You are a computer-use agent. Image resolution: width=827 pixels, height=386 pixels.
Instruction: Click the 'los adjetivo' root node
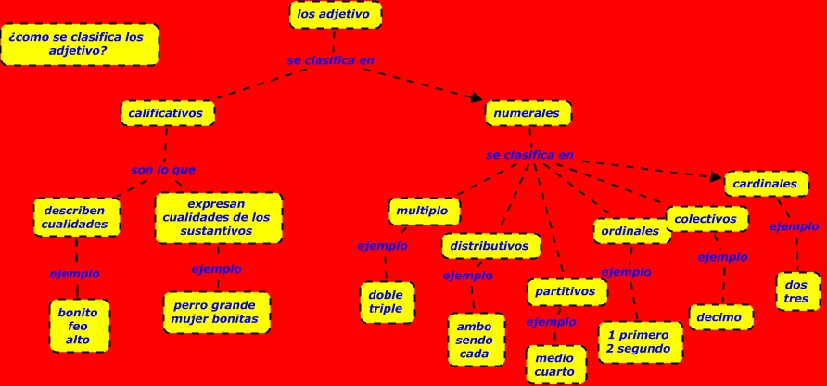[x=334, y=15]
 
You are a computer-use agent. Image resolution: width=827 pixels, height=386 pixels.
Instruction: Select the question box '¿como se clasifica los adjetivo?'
[x=79, y=44]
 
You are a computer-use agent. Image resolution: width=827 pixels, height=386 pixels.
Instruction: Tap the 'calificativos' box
[x=166, y=113]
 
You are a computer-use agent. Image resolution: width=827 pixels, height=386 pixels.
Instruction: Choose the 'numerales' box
[x=527, y=113]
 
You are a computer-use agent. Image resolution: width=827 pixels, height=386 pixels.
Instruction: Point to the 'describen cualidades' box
[x=75, y=217]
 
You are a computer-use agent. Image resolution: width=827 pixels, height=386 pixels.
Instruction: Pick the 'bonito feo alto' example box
[x=78, y=326]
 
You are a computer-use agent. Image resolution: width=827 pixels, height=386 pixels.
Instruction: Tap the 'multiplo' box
[x=423, y=211]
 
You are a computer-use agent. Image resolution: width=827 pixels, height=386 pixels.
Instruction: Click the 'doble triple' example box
[x=386, y=302]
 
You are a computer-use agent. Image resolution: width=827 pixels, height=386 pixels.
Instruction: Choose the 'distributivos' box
[x=490, y=246]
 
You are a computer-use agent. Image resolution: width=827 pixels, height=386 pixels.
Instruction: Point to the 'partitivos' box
[x=566, y=291]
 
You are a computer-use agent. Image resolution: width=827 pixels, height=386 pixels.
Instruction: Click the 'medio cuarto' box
[x=554, y=365]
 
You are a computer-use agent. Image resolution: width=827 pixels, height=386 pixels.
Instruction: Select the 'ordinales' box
[x=630, y=231]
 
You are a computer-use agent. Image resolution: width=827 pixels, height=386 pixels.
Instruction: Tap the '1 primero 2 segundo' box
[x=639, y=341]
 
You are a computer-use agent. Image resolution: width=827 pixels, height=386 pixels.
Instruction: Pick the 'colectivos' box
[x=711, y=219]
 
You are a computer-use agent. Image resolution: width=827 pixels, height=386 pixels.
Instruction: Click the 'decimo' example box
[x=719, y=317]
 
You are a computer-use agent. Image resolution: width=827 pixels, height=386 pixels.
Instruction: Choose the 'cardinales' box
[x=765, y=184]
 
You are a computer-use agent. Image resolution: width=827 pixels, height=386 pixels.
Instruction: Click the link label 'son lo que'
[x=163, y=170]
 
